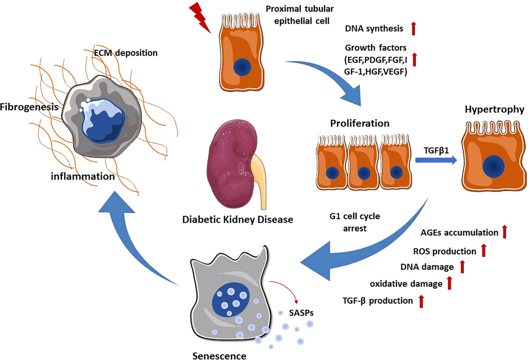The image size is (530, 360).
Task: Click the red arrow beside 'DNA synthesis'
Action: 413,28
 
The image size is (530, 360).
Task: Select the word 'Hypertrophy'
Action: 494,110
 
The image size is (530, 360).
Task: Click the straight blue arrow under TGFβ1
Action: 436,160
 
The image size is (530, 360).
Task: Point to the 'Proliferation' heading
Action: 359,124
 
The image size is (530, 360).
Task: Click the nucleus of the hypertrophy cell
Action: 493,167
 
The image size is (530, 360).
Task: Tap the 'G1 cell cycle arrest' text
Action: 355,222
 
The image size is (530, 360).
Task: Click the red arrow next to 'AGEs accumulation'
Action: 504,232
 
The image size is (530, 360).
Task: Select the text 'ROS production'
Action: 445,251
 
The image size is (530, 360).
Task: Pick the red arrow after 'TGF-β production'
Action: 421,301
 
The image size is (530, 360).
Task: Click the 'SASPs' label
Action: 301,313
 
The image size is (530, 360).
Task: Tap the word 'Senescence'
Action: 219,356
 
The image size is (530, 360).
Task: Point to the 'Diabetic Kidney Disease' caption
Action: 238,220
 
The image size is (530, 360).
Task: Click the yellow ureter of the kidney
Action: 260,179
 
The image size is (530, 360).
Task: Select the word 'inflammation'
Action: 83,177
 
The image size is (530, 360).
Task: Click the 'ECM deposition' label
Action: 126,53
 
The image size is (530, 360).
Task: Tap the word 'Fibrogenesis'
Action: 29,107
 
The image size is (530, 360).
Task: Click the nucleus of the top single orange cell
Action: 242,67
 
